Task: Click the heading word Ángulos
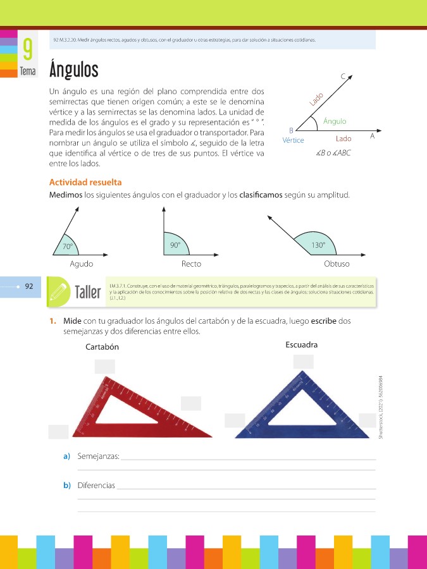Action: coord(73,68)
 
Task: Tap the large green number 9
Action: coord(27,49)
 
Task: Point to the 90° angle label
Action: coord(175,245)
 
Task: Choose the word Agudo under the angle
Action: coord(82,264)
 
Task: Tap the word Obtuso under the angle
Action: coord(336,264)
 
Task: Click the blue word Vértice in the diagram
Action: coord(294,140)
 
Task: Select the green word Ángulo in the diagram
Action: coord(335,121)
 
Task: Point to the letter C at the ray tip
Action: coord(343,76)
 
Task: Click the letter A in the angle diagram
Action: coord(373,136)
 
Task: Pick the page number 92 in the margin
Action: coord(28,286)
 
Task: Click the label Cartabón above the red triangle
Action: coord(102,347)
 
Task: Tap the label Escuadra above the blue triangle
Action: coord(301,345)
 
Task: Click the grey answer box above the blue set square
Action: coord(303,362)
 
